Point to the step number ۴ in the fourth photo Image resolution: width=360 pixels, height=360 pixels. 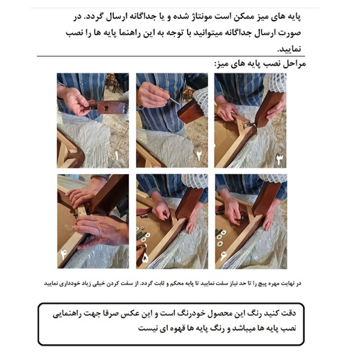pos(66,253)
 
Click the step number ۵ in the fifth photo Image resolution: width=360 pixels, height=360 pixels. pos(145,254)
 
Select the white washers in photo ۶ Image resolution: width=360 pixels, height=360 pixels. pos(224,234)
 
